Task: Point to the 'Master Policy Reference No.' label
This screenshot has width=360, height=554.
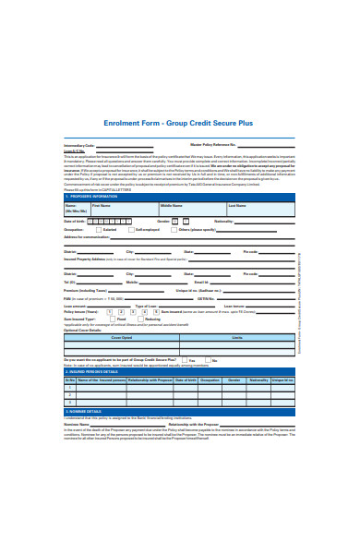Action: coord(213,146)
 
